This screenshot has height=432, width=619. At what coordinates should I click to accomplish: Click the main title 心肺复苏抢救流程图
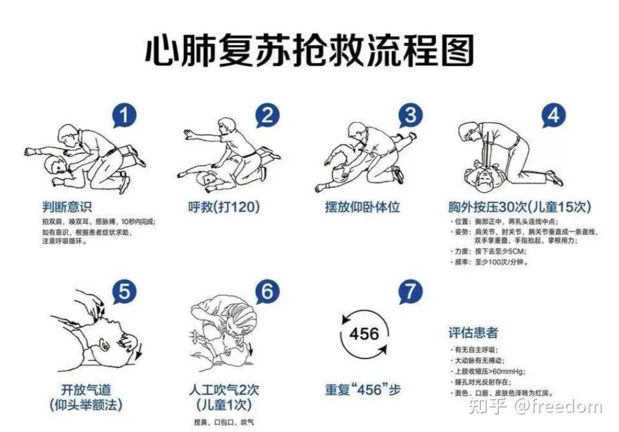pos(309,50)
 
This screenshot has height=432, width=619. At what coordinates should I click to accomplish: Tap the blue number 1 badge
pos(124,116)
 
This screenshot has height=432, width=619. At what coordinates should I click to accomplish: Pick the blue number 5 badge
pos(124,292)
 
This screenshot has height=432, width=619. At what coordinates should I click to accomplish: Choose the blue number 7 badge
pos(410,292)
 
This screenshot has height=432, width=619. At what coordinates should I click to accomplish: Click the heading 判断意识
pos(66,207)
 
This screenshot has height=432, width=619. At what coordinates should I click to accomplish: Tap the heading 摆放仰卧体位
pos(362,207)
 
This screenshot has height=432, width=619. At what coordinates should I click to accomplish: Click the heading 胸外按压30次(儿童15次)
pos(519,207)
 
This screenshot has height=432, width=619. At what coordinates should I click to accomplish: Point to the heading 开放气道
pos(86,390)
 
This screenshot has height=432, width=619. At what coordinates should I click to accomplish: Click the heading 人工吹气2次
pos(224,390)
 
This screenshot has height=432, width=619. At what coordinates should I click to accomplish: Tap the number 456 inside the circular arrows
pos(364,333)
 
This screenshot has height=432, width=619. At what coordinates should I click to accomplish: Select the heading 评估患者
pos(473,332)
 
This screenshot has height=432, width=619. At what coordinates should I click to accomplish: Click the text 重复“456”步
pos(363,390)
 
